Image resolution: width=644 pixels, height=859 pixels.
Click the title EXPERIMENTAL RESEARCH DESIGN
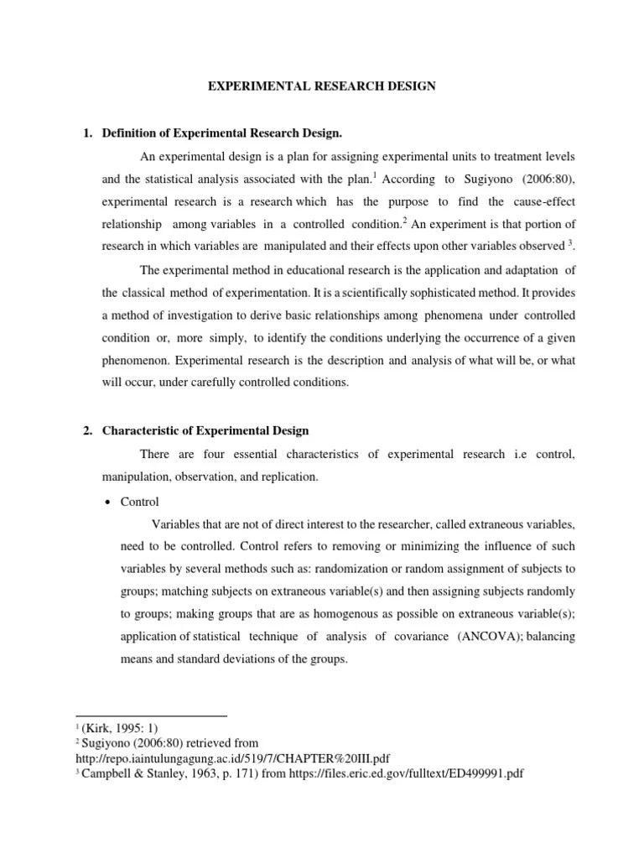click(x=322, y=86)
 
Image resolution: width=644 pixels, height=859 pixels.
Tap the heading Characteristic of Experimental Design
click(x=205, y=430)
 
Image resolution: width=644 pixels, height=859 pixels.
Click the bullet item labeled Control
click(x=140, y=501)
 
